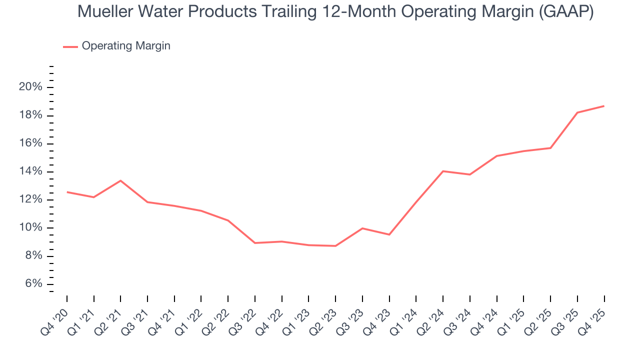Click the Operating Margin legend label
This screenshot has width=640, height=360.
pos(126,46)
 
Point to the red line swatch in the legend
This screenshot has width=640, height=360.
pos(70,46)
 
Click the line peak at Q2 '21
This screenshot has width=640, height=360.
pos(120,180)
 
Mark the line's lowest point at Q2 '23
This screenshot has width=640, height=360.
pos(335,246)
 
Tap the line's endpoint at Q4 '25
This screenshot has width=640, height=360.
pos(604,106)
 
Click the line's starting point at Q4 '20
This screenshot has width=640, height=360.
pos(67,192)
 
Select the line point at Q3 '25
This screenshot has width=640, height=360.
pos(577,112)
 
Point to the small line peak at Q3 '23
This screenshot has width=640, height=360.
pos(362,228)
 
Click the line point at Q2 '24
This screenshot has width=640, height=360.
pos(443,171)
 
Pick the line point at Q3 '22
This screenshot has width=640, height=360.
pos(255,243)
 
